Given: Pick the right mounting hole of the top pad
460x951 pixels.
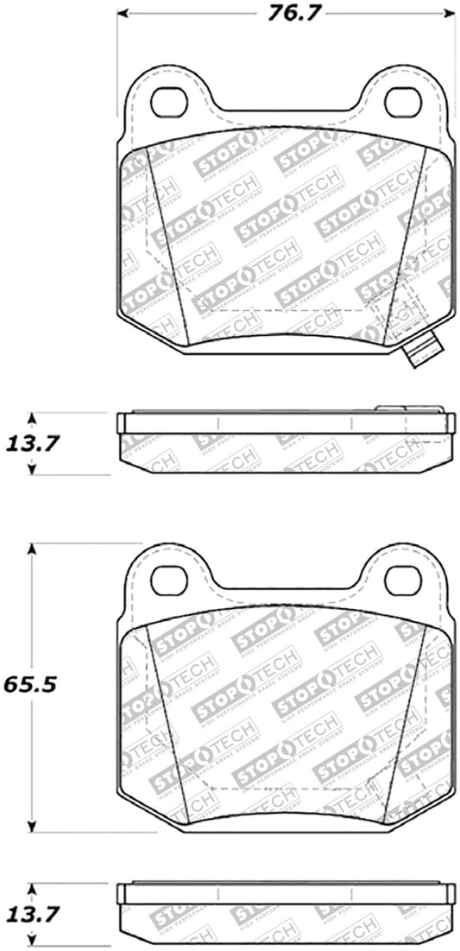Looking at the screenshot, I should (x=401, y=104).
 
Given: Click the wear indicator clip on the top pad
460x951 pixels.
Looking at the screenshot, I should (x=420, y=348).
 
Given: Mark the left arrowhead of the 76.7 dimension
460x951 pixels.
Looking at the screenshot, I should (x=123, y=14).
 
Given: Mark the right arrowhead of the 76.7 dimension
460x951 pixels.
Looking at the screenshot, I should (x=447, y=14).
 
